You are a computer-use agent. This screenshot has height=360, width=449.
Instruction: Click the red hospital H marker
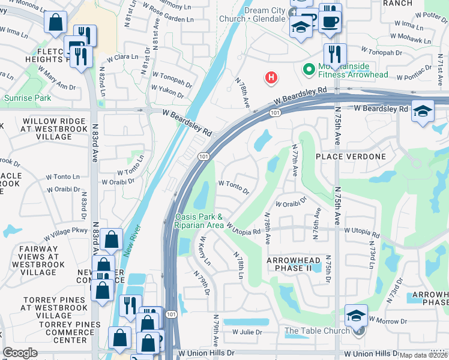(x=271, y=77)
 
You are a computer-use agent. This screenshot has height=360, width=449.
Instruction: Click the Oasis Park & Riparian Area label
(x=199, y=221)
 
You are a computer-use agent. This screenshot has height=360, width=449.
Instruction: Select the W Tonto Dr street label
(x=234, y=187)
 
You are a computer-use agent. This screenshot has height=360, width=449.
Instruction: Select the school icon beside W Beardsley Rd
(x=423, y=112)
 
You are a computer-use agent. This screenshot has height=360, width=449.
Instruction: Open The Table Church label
(x=317, y=331)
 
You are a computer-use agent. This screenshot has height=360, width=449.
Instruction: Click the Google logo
(x=20, y=353)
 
